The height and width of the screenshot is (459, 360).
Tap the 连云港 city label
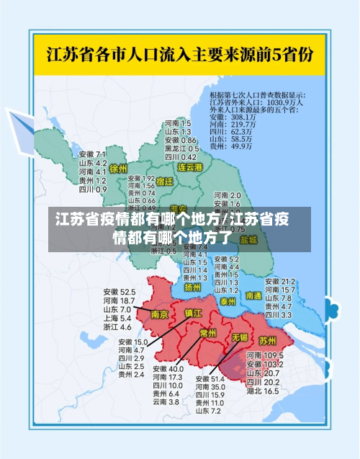pos(191,167)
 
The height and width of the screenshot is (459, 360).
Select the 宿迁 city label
pos(165,182)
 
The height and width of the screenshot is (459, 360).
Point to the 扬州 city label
pos(193,287)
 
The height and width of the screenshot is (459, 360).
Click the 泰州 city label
pos(228,300)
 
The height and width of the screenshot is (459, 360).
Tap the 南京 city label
pos(160,314)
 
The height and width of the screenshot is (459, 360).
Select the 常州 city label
pos(208,333)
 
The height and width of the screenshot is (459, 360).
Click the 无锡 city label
pos(239,337)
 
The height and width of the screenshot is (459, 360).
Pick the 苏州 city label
pos(268,339)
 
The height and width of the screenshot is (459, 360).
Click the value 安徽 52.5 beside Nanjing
pos(119,292)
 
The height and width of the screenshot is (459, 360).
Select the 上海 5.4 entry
pos(117,318)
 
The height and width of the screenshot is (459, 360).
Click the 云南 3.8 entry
pos(165,402)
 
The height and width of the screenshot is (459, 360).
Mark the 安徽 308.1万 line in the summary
pos(233,117)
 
